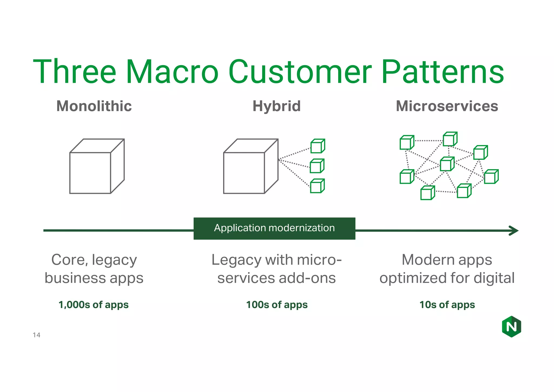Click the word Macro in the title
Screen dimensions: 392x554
pos(172,72)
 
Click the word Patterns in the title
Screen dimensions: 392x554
pos(443,72)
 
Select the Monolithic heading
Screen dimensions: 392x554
pos(94,106)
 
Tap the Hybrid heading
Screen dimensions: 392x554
pos(276,106)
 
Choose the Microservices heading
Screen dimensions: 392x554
pos(447,106)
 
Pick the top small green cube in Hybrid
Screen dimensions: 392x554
pos(317,146)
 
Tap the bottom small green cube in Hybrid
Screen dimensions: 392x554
pos(317,186)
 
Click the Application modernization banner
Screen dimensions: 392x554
pos(274,228)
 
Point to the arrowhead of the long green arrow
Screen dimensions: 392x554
pos(514,231)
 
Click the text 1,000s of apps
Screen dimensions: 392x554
pos(94,305)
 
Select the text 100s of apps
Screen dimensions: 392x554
pos(277,305)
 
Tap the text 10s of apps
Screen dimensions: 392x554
pos(447,305)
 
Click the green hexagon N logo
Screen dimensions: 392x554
pos(511,326)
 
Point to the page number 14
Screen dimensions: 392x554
pos(37,335)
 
